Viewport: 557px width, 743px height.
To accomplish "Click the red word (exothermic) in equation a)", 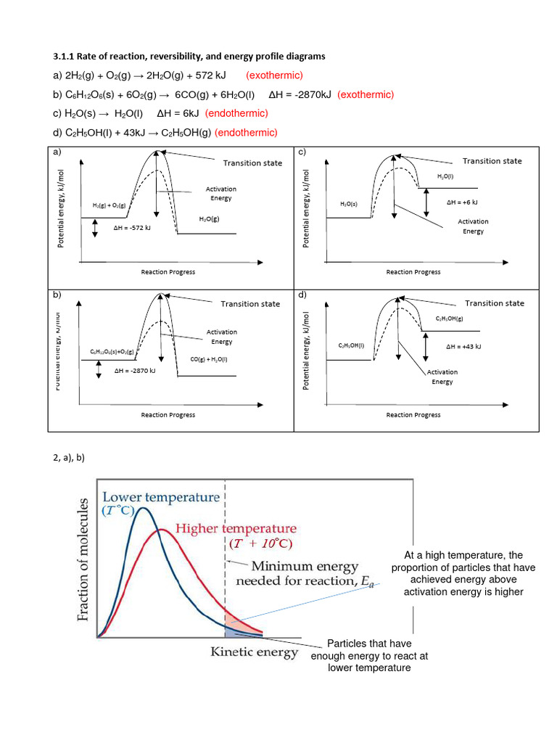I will pyautogui.click(x=274, y=75).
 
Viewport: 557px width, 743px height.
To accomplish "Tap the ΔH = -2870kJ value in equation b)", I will pyautogui.click(x=300, y=94).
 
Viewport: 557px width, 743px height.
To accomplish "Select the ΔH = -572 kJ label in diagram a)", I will pyautogui.click(x=133, y=228).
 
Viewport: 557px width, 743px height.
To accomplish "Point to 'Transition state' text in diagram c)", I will pyautogui.click(x=492, y=161).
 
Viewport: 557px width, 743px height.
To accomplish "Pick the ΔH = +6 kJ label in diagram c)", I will pyautogui.click(x=463, y=203).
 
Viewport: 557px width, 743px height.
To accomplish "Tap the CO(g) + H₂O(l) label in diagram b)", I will pyautogui.click(x=209, y=359).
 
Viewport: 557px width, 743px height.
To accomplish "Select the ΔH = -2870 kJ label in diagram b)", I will pyautogui.click(x=136, y=370).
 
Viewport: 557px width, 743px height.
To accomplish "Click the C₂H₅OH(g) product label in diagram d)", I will pyautogui.click(x=450, y=319).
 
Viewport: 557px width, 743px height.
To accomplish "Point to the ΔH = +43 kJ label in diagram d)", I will pyautogui.click(x=464, y=347).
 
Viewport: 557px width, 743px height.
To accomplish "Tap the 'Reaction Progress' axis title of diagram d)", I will pyautogui.click(x=413, y=415).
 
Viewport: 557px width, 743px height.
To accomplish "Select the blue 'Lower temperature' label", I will pyautogui.click(x=161, y=497).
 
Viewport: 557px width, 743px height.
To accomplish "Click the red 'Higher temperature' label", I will pyautogui.click(x=236, y=528).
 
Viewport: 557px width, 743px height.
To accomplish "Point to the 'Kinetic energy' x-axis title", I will pyautogui.click(x=254, y=652).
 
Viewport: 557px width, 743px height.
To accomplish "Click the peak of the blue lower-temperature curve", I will pyautogui.click(x=144, y=509).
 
